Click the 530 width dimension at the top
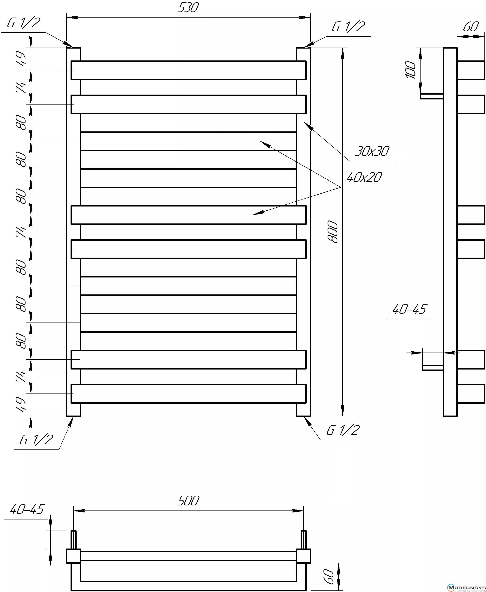pyautogui.click(x=188, y=8)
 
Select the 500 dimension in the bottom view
pyautogui.click(x=188, y=501)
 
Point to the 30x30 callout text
pyautogui.click(x=372, y=151)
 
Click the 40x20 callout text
pyautogui.click(x=364, y=177)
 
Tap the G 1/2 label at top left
pyautogui.click(x=24, y=23)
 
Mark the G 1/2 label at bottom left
pyautogui.click(x=36, y=440)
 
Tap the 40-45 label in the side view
pyautogui.click(x=409, y=309)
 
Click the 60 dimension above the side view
pyautogui.click(x=471, y=27)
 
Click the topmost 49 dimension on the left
pyautogui.click(x=21, y=58)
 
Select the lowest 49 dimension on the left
pyautogui.click(x=21, y=404)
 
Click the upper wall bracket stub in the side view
pyautogui.click(x=431, y=96)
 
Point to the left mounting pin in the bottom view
pyautogui.click(x=73, y=540)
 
